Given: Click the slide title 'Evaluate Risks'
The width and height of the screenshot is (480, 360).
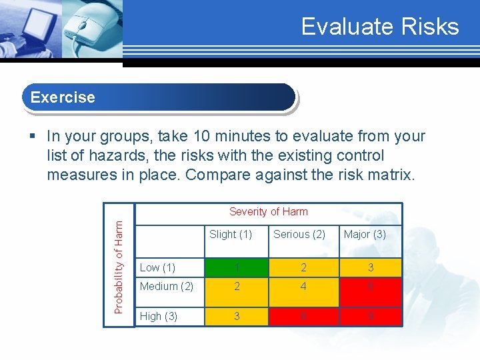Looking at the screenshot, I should click(380, 27).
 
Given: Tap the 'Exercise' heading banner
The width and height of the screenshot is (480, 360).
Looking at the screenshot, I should click(159, 97).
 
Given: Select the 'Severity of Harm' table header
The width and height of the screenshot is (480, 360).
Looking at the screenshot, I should click(268, 211).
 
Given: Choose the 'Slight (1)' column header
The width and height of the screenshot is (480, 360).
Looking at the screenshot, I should click(230, 234).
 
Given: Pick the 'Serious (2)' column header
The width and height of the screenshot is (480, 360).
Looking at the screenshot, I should click(299, 234).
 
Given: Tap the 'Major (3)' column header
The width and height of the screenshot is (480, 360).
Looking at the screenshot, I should click(365, 234).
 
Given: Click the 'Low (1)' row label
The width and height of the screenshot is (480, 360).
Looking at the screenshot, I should click(157, 267).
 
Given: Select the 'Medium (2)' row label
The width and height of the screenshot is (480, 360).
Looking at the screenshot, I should click(166, 286).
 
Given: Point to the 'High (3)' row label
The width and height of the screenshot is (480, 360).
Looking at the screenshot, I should click(159, 316).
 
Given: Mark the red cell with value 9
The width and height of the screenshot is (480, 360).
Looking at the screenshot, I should click(370, 316).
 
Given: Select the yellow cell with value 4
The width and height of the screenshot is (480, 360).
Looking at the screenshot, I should click(303, 286).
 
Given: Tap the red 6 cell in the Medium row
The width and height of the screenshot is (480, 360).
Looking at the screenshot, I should click(370, 286).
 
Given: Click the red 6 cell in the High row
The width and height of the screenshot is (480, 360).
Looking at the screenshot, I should click(303, 316).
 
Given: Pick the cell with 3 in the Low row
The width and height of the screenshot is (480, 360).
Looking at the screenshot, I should click(370, 267).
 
